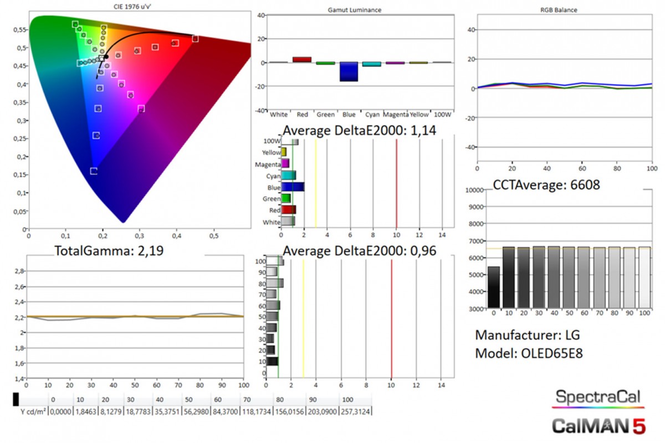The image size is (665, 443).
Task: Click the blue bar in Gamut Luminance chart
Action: pos(349,72)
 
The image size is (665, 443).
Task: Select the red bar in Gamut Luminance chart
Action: pos(302,59)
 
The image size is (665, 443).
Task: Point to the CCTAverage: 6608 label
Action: pos(546,184)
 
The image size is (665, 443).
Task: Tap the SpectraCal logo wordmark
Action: pos(597,397)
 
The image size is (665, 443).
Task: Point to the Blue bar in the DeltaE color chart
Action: pos(293,187)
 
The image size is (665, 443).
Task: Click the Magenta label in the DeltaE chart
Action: pos(268,164)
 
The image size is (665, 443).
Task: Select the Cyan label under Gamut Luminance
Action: pos(372,114)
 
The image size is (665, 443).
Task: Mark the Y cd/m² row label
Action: pos(33,411)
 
